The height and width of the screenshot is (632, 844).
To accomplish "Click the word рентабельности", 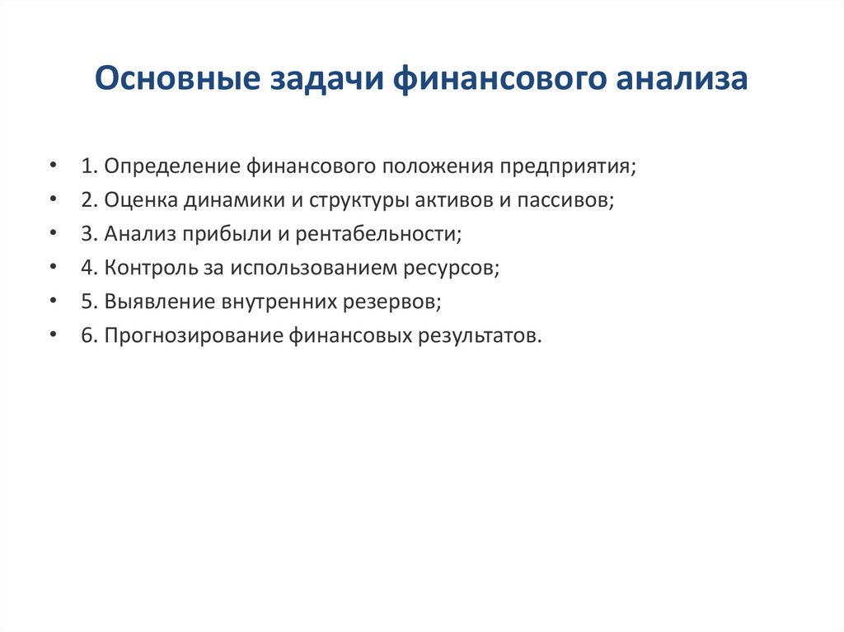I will pos(377,234).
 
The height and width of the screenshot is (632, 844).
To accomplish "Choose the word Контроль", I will pos(149,268).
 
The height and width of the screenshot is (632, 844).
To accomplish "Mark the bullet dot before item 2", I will pos(53,200).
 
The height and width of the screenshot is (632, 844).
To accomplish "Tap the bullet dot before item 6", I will pos(53,335).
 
